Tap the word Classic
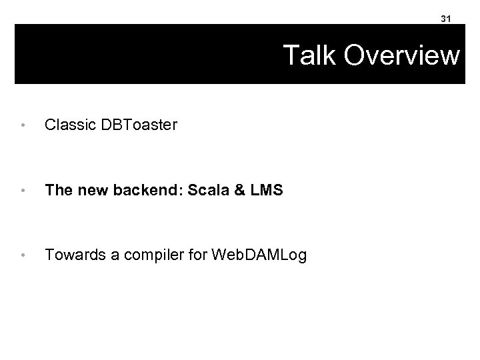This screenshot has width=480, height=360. coord(66,124)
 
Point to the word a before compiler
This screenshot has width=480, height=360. coord(107,254)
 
